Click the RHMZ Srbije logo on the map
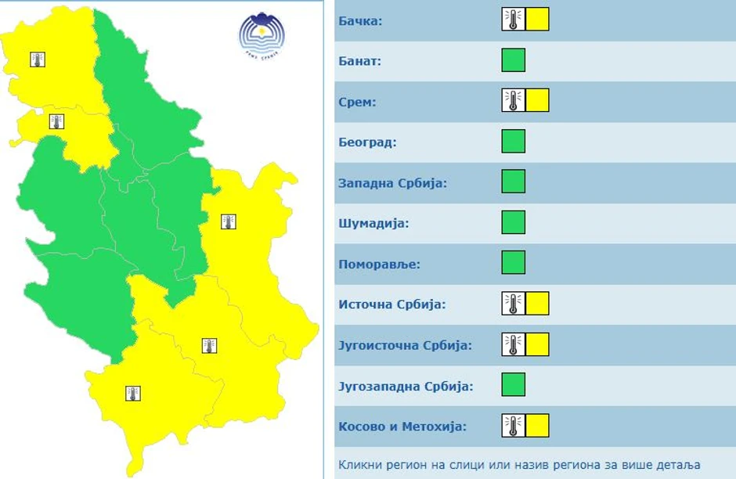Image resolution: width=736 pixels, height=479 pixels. [x=262, y=35]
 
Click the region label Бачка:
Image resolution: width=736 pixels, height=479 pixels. [x=360, y=20]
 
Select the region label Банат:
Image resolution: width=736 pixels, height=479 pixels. [x=359, y=61]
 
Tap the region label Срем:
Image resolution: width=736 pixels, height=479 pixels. [x=358, y=102]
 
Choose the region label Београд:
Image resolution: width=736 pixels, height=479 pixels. [x=367, y=142]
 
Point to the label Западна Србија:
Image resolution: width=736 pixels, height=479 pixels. [x=392, y=183]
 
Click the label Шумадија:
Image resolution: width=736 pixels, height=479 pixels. [x=373, y=224]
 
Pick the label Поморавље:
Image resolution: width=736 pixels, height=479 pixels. [x=379, y=265]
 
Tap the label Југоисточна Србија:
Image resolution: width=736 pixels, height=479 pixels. [x=405, y=346]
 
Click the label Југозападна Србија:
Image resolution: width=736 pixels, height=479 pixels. [x=406, y=387]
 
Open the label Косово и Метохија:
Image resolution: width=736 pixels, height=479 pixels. [x=402, y=427]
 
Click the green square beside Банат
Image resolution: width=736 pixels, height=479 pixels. [x=514, y=60]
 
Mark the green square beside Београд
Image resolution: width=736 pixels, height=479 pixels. [x=514, y=142]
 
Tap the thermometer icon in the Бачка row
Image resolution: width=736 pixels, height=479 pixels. [x=514, y=20]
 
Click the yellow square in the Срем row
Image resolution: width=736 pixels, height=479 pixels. [x=537, y=101]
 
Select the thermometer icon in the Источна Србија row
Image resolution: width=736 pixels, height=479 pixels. [x=514, y=304]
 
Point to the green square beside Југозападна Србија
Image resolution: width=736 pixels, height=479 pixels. [x=514, y=385]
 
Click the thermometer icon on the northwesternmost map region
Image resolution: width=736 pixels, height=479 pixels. [x=38, y=59]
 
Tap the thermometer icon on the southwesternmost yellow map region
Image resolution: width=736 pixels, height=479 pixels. [x=133, y=393]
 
